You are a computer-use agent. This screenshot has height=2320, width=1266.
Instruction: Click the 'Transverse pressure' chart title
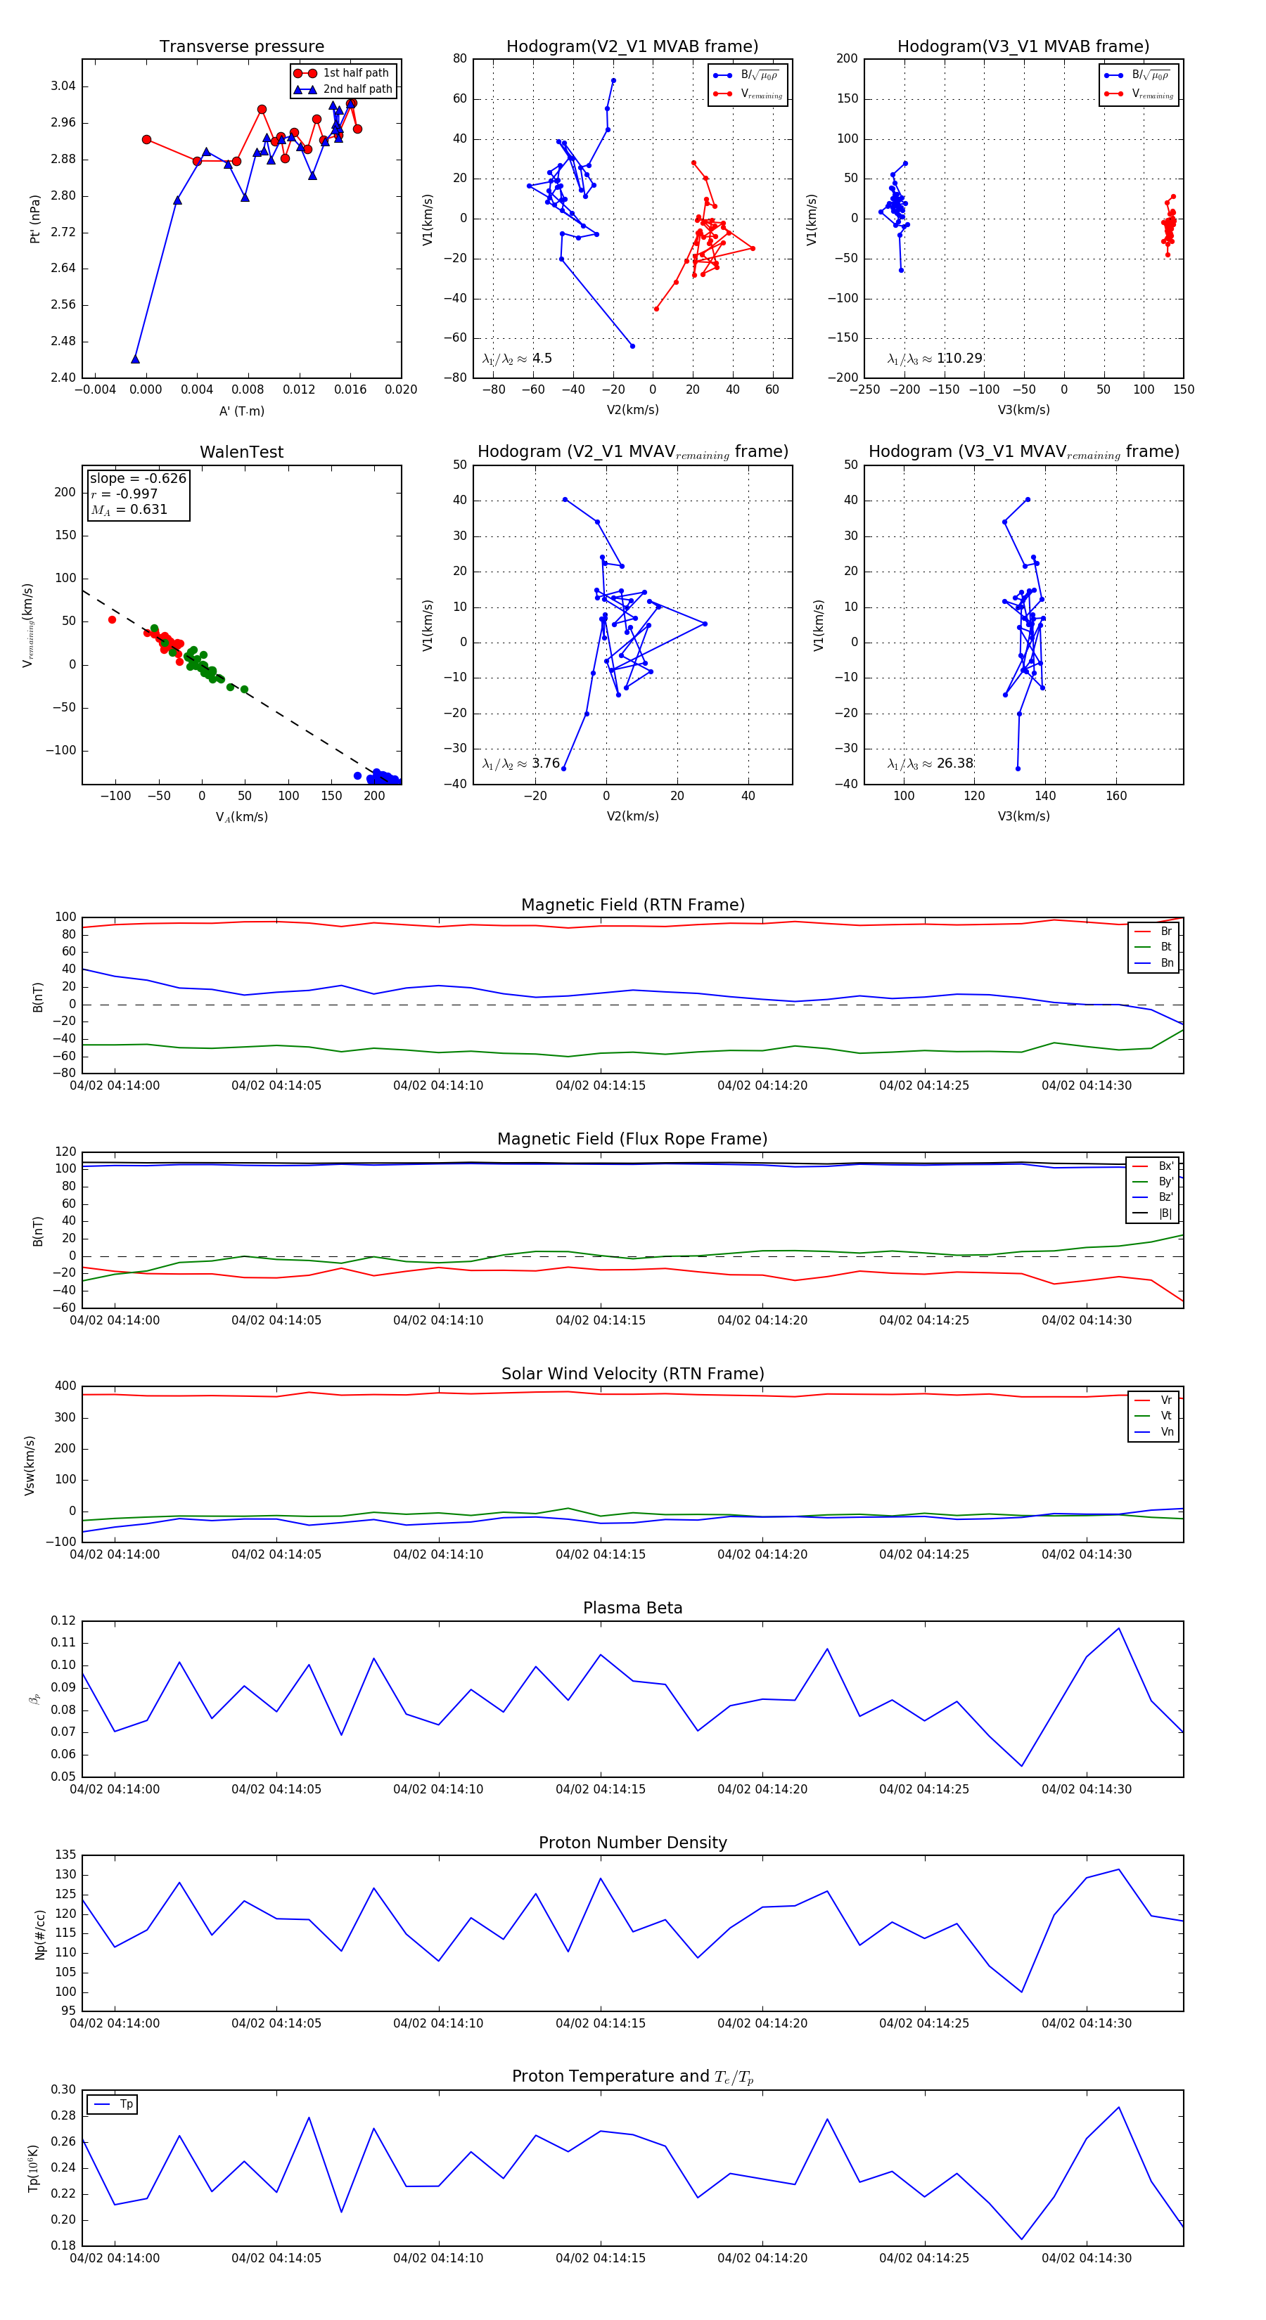pyautogui.click(x=241, y=47)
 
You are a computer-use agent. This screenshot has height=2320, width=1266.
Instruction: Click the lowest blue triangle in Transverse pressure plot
pyautogui.click(x=135, y=359)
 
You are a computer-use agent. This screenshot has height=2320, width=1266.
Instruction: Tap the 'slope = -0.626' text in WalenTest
pyautogui.click(x=138, y=478)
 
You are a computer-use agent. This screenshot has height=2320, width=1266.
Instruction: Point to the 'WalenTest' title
pyautogui.click(x=241, y=452)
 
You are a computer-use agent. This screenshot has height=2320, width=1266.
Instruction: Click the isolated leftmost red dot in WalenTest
pyautogui.click(x=112, y=619)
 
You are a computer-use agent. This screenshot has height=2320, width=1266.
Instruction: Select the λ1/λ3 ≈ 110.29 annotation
pyautogui.click(x=935, y=359)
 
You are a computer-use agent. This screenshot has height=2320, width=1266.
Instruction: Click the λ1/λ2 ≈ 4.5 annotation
pyautogui.click(x=516, y=359)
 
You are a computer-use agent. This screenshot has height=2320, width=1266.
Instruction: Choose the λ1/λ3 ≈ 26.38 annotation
pyautogui.click(x=930, y=763)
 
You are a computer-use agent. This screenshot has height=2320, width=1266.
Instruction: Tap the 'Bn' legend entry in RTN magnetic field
pyautogui.click(x=1166, y=962)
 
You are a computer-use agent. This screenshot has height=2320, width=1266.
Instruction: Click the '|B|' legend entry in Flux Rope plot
pyautogui.click(x=1164, y=1213)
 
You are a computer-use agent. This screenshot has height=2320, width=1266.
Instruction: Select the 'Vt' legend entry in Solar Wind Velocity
pyautogui.click(x=1166, y=1416)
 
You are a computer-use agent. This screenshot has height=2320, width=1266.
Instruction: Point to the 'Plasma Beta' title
pyautogui.click(x=632, y=1609)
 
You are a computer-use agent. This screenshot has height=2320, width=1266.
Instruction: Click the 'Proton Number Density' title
pyautogui.click(x=632, y=1843)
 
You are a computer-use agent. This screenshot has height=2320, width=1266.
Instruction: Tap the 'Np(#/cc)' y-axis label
pyautogui.click(x=39, y=1933)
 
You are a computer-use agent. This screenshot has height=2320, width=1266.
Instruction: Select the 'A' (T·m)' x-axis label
pyautogui.click(x=241, y=411)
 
